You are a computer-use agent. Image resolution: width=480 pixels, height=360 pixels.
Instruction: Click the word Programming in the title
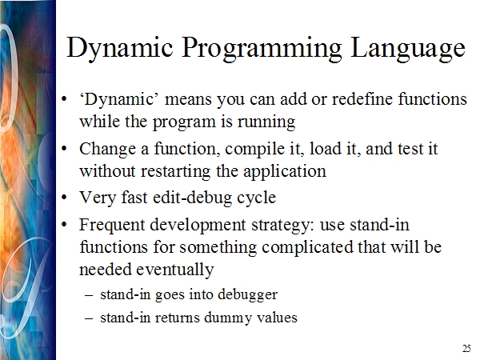coord(262,49)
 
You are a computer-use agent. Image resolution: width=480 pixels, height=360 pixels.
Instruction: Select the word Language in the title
coord(408,49)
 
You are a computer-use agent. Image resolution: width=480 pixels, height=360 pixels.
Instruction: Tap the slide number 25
coord(466,348)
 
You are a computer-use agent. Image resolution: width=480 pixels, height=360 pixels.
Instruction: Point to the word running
coord(266,122)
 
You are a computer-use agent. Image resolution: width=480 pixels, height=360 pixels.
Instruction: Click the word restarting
coord(175,171)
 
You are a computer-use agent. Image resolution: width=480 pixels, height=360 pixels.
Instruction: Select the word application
coord(285,171)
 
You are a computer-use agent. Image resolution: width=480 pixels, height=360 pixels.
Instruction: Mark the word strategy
coord(283,226)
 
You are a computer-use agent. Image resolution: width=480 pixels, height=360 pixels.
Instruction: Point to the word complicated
coord(307,247)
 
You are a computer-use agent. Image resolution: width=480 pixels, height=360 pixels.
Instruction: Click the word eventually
coord(174,270)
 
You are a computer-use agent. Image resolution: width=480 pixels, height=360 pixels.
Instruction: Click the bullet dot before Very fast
coord(64,198)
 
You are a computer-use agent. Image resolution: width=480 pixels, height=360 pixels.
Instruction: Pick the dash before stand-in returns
coord(89,318)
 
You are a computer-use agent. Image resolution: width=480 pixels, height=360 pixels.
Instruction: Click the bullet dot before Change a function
coord(64,149)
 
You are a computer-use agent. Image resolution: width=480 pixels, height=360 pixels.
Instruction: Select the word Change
coord(107,149)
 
